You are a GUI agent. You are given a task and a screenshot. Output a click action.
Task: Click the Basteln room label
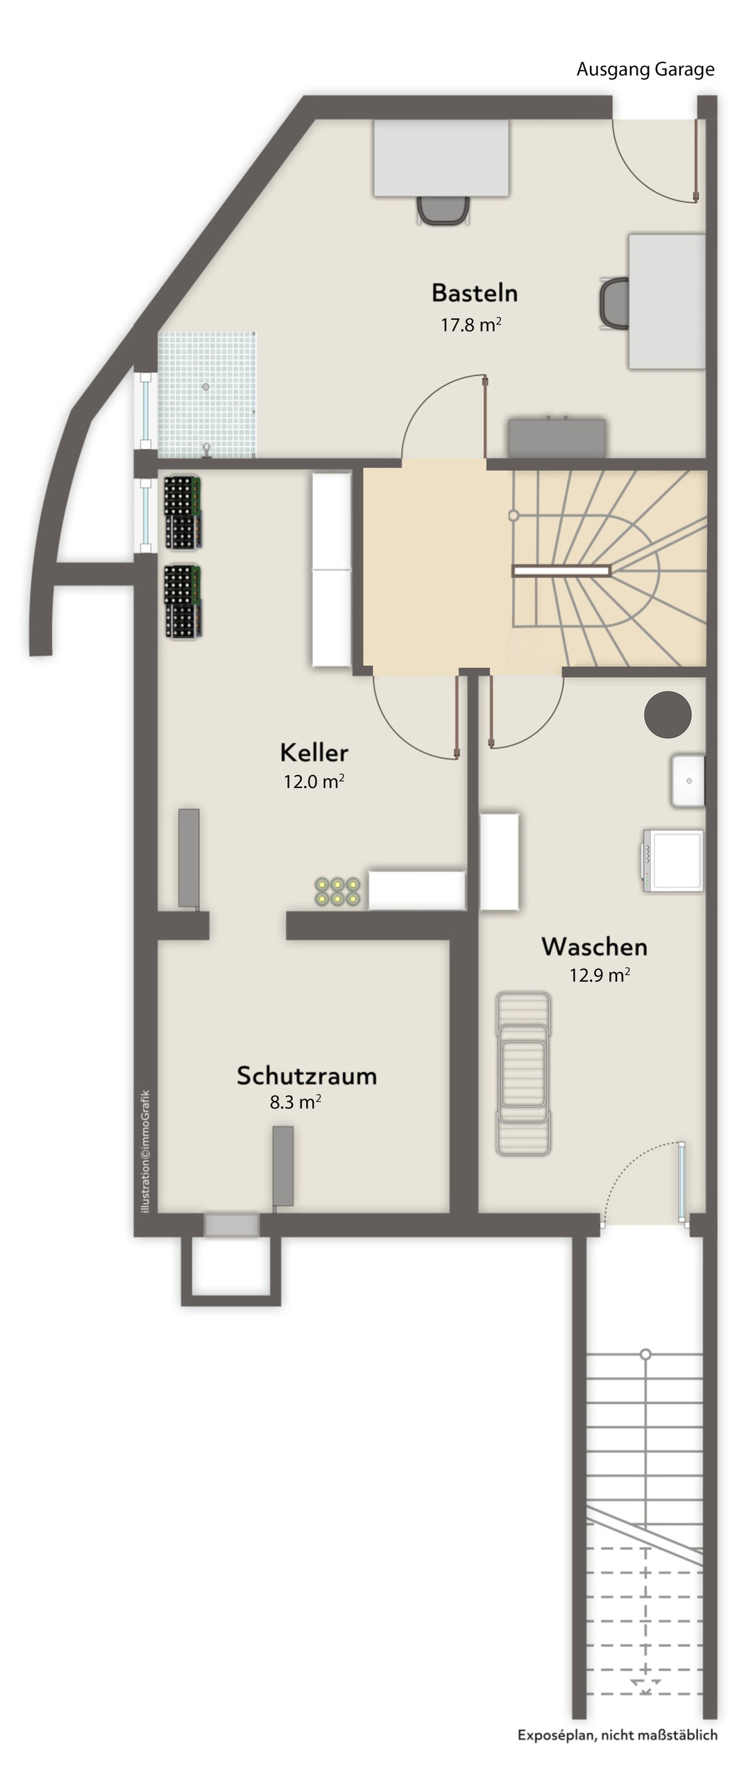[x=475, y=293]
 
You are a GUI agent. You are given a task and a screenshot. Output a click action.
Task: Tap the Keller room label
[x=314, y=752]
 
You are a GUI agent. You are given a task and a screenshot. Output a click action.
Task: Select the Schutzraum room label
[x=307, y=1075]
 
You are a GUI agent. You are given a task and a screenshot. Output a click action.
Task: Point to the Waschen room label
[x=595, y=946]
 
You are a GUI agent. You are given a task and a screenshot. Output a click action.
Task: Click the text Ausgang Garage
[x=645, y=69]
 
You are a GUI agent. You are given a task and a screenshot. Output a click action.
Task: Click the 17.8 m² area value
[x=471, y=324]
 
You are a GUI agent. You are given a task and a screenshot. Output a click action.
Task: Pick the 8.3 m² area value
[x=296, y=1102]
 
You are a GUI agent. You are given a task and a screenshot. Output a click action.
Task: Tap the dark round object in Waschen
[x=668, y=715]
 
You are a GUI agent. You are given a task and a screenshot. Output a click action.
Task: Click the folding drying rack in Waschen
[x=523, y=1073]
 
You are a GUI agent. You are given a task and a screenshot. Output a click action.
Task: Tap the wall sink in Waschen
[x=688, y=781]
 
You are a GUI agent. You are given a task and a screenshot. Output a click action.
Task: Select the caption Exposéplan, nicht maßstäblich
[x=618, y=1735]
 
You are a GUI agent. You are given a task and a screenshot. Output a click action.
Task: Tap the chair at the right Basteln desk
[x=614, y=303]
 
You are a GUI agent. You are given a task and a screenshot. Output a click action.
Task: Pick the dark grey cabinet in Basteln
[x=557, y=438]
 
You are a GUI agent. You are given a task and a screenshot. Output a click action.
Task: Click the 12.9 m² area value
[x=600, y=975]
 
